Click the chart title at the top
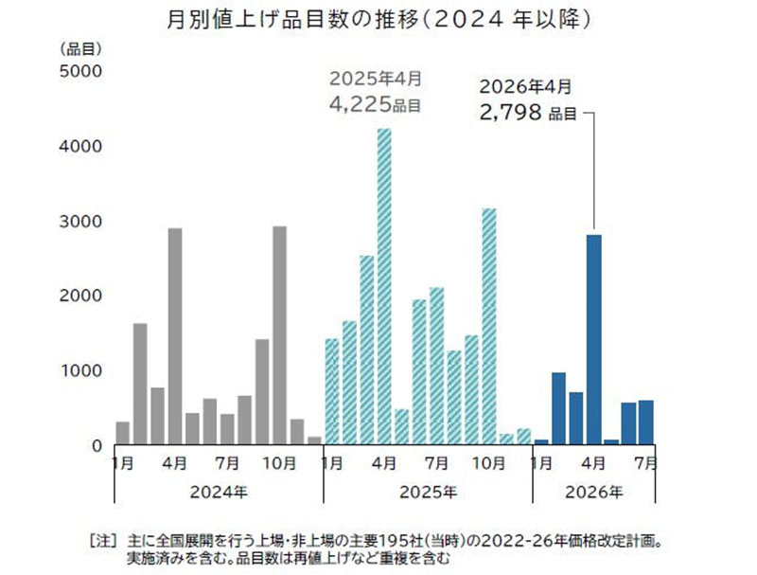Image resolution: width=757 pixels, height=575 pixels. tap(378, 19)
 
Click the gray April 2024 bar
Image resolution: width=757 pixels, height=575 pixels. tap(175, 336)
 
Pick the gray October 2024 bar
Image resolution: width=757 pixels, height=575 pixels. tap(279, 335)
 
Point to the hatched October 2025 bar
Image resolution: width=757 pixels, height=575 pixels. tap(488, 326)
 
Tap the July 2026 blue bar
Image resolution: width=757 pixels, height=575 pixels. tap(645, 422)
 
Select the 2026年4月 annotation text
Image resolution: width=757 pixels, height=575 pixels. tap(526, 87)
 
